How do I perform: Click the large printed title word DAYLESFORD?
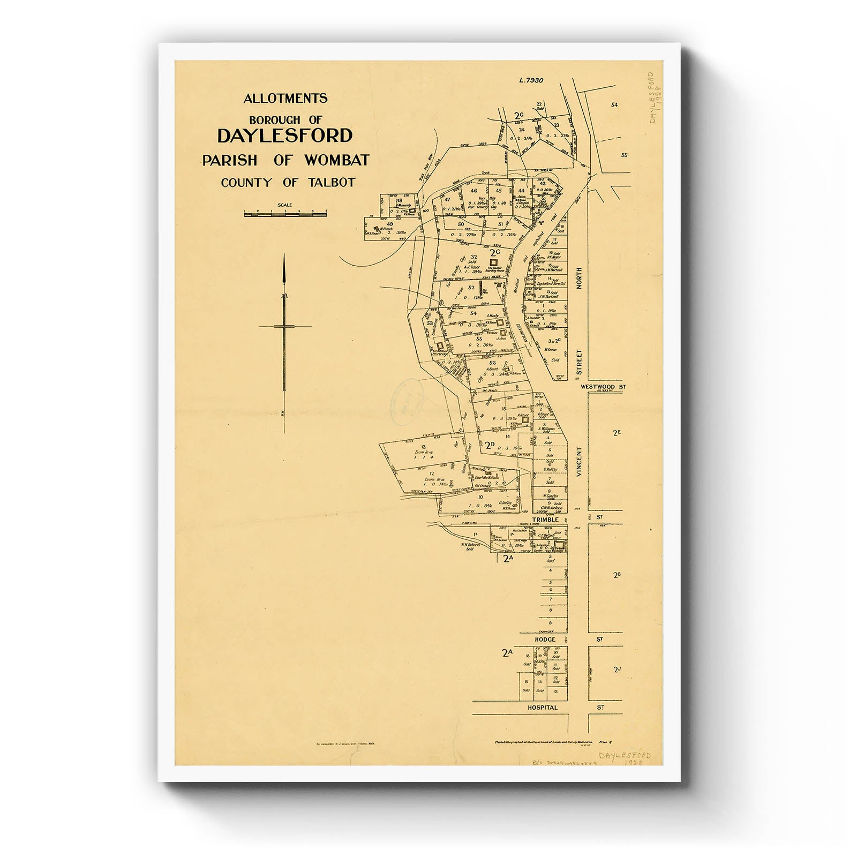284,136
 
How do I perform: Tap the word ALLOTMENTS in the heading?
285,99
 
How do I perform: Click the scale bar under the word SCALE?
285,213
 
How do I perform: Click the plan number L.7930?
531,80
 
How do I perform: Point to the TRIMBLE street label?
546,519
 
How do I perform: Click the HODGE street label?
545,640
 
